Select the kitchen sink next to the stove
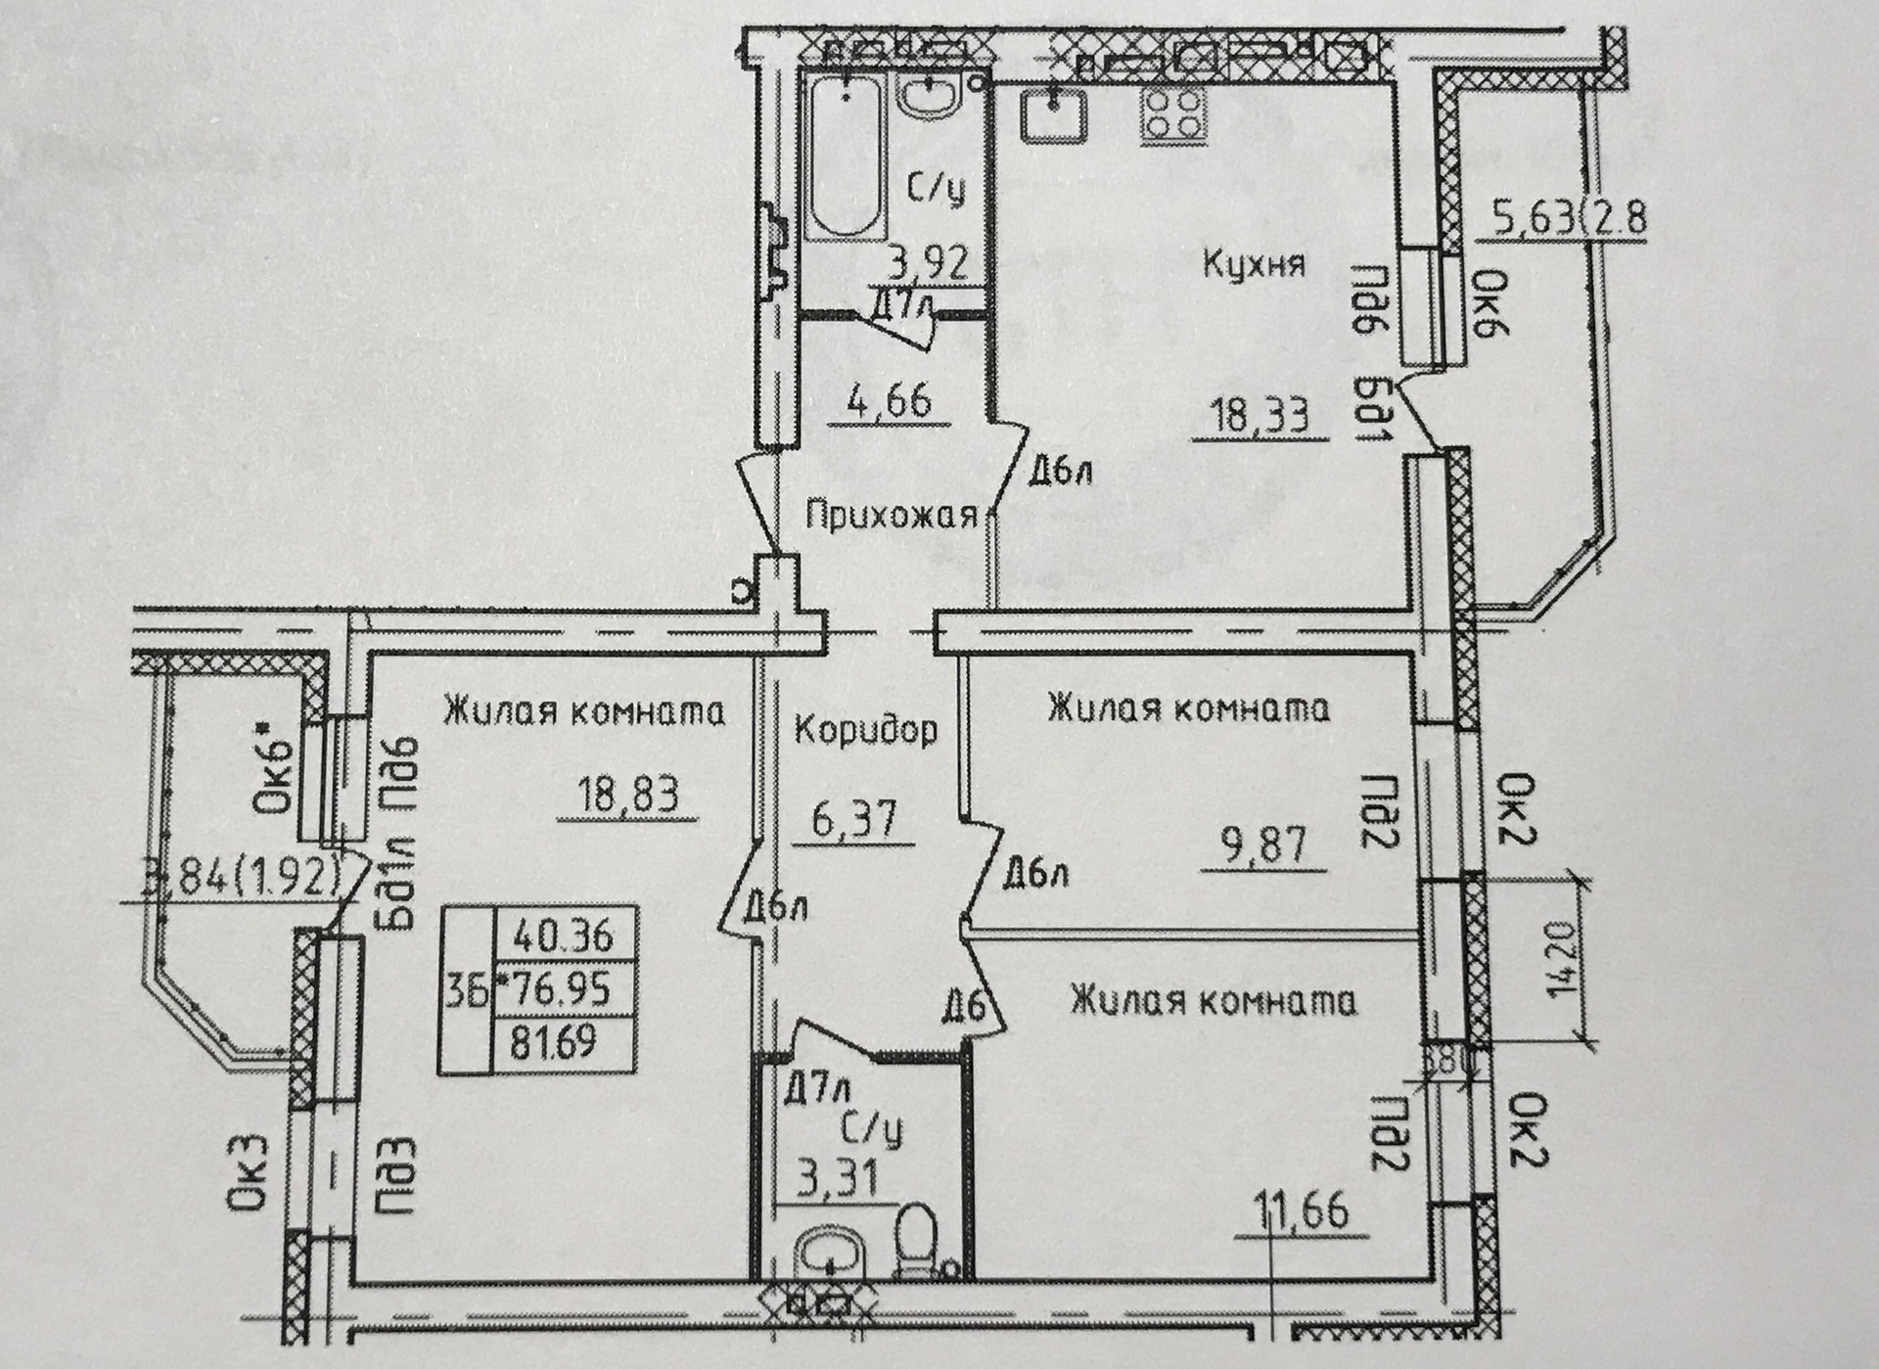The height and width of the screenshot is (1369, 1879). (1053, 115)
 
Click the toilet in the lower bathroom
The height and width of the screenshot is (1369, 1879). (917, 1239)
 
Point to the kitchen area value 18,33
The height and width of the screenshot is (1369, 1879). (1260, 417)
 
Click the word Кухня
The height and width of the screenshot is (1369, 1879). (1253, 264)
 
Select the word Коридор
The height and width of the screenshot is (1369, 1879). (865, 729)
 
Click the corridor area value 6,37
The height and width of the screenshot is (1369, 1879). (854, 818)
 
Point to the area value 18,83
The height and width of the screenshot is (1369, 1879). (627, 793)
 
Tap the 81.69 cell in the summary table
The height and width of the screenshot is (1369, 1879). (555, 1042)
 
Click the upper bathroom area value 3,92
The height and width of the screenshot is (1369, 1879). (928, 263)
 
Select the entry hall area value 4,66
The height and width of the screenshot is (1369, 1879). (890, 400)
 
